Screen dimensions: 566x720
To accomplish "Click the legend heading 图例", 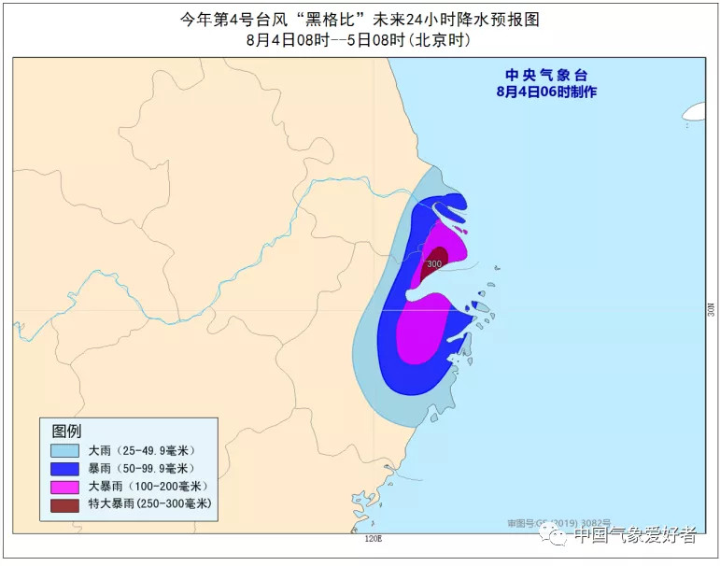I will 66,431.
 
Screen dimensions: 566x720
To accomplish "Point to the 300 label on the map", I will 433,264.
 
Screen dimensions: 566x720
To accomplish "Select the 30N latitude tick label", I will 711,309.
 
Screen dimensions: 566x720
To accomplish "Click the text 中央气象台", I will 546,75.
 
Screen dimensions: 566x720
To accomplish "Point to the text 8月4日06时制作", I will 546,92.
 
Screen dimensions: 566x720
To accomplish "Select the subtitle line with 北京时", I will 359,40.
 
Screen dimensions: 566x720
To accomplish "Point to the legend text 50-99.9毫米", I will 157,468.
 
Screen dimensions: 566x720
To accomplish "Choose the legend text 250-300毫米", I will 168,505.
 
